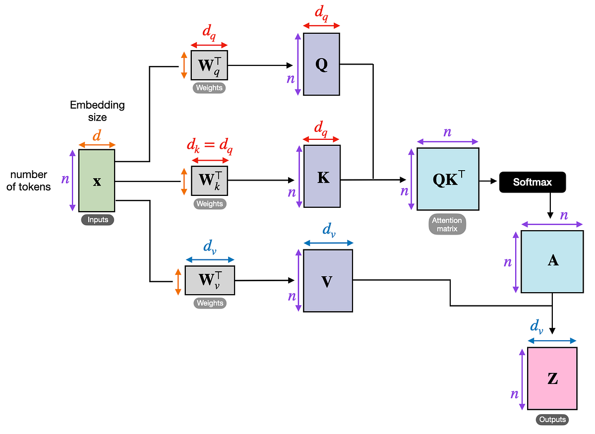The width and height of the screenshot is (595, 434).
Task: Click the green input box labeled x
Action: click(97, 181)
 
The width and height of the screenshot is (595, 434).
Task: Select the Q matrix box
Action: click(321, 64)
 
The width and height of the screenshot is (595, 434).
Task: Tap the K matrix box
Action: click(322, 176)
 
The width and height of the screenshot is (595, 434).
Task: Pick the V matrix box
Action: click(328, 281)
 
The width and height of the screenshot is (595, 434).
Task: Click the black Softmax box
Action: click(532, 182)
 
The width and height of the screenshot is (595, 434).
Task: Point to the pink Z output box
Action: click(552, 378)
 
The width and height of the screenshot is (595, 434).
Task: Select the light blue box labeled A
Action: click(552, 261)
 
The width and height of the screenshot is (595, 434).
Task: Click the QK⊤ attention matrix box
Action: click(448, 179)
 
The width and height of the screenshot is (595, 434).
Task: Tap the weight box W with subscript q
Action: click(209, 65)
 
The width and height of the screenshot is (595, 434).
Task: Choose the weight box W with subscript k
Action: click(210, 181)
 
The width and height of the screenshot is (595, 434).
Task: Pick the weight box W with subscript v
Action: click(210, 280)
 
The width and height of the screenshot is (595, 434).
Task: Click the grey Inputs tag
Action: click(97, 220)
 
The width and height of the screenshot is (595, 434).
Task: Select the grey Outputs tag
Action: click(552, 420)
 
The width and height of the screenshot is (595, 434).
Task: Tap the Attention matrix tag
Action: click(447, 224)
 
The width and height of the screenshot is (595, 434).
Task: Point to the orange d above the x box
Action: click(97, 135)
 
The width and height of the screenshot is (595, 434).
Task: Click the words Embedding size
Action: click(97, 111)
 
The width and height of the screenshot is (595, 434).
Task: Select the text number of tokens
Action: click(28, 181)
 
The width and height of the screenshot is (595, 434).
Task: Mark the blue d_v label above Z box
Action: click(536, 326)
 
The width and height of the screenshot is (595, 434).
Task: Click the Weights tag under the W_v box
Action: click(210, 303)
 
